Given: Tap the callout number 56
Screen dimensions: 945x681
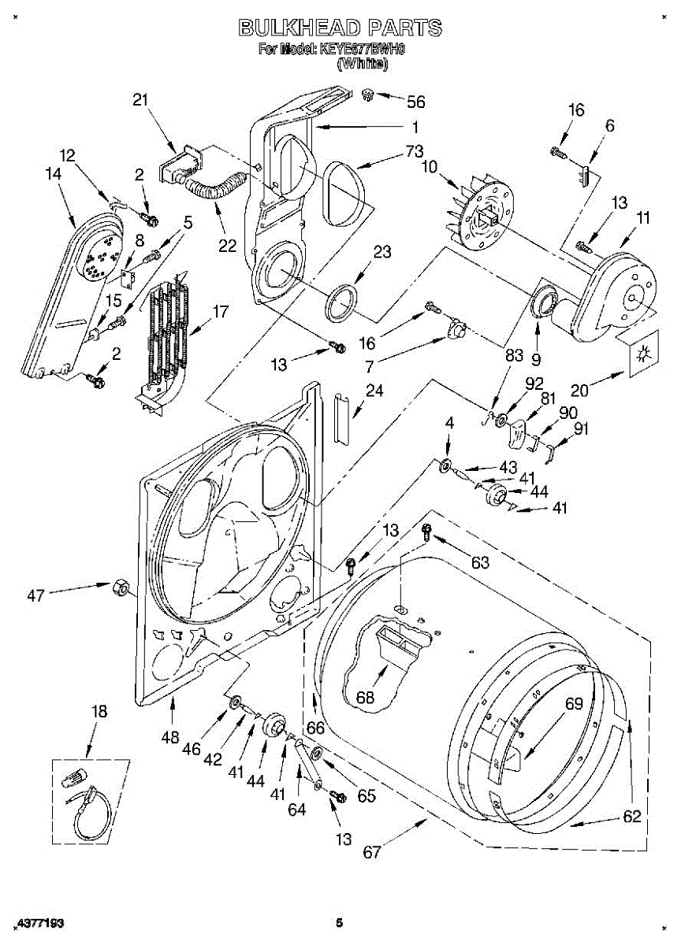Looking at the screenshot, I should click(x=415, y=101).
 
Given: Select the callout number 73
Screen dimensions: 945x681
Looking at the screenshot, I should click(x=415, y=152).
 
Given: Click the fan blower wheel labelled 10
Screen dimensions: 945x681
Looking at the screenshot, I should click(x=482, y=211).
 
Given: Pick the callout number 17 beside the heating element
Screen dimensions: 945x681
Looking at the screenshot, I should click(x=220, y=312).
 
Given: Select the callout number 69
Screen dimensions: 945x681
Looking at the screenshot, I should click(x=575, y=703).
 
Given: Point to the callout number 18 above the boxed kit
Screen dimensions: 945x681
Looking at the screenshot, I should click(x=98, y=712).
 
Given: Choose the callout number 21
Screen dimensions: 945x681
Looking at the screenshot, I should click(x=140, y=100).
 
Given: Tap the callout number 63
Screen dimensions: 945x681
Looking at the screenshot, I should click(x=479, y=562).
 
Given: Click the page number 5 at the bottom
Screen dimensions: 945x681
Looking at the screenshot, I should click(x=340, y=923).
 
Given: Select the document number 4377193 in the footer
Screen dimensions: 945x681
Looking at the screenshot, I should click(x=39, y=923).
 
